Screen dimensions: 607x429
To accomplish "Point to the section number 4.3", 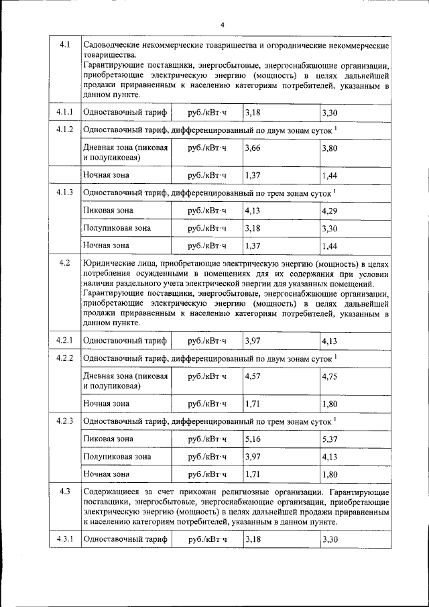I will click(x=64, y=492).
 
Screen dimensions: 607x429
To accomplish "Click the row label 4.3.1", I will click(x=64, y=539).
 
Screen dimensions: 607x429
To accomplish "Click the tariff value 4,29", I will click(x=328, y=211).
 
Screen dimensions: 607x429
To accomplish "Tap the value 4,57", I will click(x=252, y=376).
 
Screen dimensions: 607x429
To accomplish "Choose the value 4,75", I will click(x=328, y=376).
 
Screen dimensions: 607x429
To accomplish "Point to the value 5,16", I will click(x=252, y=439).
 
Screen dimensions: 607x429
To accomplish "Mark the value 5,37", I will click(x=328, y=439).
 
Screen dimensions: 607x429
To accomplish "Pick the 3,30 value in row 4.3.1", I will click(x=328, y=539).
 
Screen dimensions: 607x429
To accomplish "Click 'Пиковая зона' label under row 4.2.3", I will click(x=108, y=439).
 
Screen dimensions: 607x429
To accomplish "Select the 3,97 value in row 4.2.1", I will click(x=252, y=341).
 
